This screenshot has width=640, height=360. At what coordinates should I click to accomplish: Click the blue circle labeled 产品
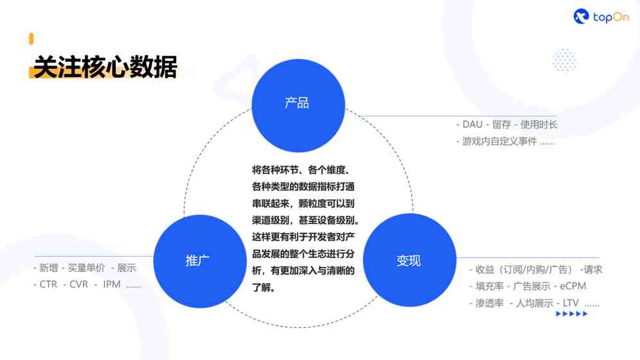click(298, 105)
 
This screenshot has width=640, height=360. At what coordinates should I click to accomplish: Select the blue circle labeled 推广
click(200, 261)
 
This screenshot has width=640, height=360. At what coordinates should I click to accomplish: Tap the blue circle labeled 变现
click(409, 260)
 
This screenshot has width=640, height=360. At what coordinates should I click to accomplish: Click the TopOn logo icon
click(581, 16)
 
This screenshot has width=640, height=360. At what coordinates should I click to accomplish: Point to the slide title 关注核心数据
click(105, 67)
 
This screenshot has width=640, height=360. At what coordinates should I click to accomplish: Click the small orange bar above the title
click(31, 39)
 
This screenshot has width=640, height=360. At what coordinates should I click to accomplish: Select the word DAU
click(472, 124)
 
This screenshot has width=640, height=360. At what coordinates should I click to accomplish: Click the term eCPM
click(573, 286)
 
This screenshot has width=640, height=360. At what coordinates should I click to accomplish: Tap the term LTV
click(571, 303)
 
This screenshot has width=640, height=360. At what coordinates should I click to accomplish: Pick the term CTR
click(48, 284)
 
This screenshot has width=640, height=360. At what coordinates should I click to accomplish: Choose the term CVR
click(79, 284)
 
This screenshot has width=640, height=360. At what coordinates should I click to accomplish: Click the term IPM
click(112, 284)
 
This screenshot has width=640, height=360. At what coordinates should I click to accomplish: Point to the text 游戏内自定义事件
click(500, 141)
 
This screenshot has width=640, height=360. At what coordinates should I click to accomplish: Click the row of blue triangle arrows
click(572, 314)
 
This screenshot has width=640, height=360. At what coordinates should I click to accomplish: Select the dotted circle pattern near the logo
click(564, 60)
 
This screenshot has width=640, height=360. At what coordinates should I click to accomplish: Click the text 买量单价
click(86, 268)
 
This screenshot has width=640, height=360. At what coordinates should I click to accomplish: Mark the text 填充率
click(489, 286)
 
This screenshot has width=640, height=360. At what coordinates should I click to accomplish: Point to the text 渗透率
click(489, 303)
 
